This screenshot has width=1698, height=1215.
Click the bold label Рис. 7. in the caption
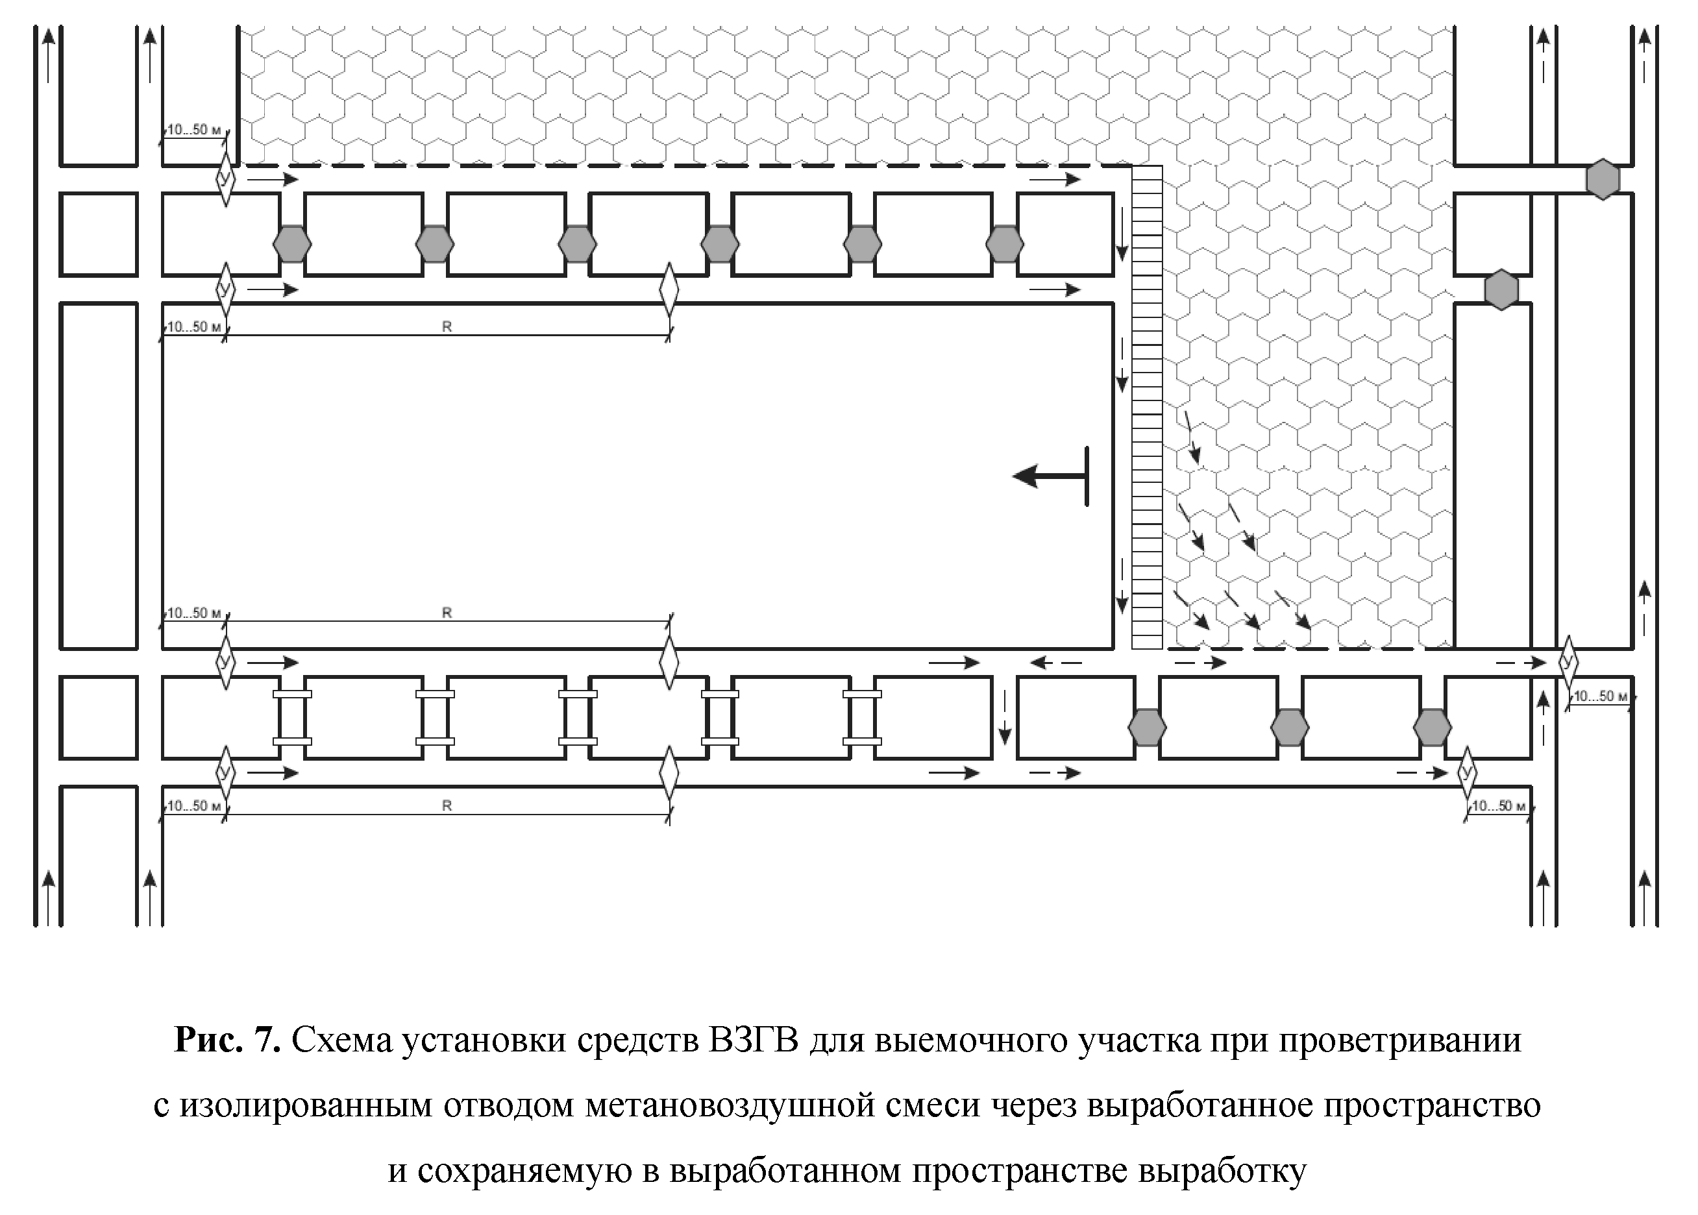click(x=227, y=1040)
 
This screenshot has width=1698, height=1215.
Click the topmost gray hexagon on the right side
click(x=1602, y=180)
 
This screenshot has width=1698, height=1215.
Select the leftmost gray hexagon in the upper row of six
click(x=291, y=244)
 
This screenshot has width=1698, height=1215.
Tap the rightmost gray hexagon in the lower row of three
click(x=1433, y=727)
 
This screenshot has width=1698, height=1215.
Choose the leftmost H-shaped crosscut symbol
click(x=291, y=717)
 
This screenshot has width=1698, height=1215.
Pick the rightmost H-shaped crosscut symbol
click(x=862, y=717)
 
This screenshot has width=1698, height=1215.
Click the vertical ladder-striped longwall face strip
click(x=1147, y=408)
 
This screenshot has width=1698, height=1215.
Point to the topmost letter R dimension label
click(x=447, y=327)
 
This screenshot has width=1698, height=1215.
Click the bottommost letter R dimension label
click(x=447, y=805)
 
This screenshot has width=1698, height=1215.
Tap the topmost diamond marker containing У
click(x=225, y=178)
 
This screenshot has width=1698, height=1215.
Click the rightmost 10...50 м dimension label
click(x=1600, y=696)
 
